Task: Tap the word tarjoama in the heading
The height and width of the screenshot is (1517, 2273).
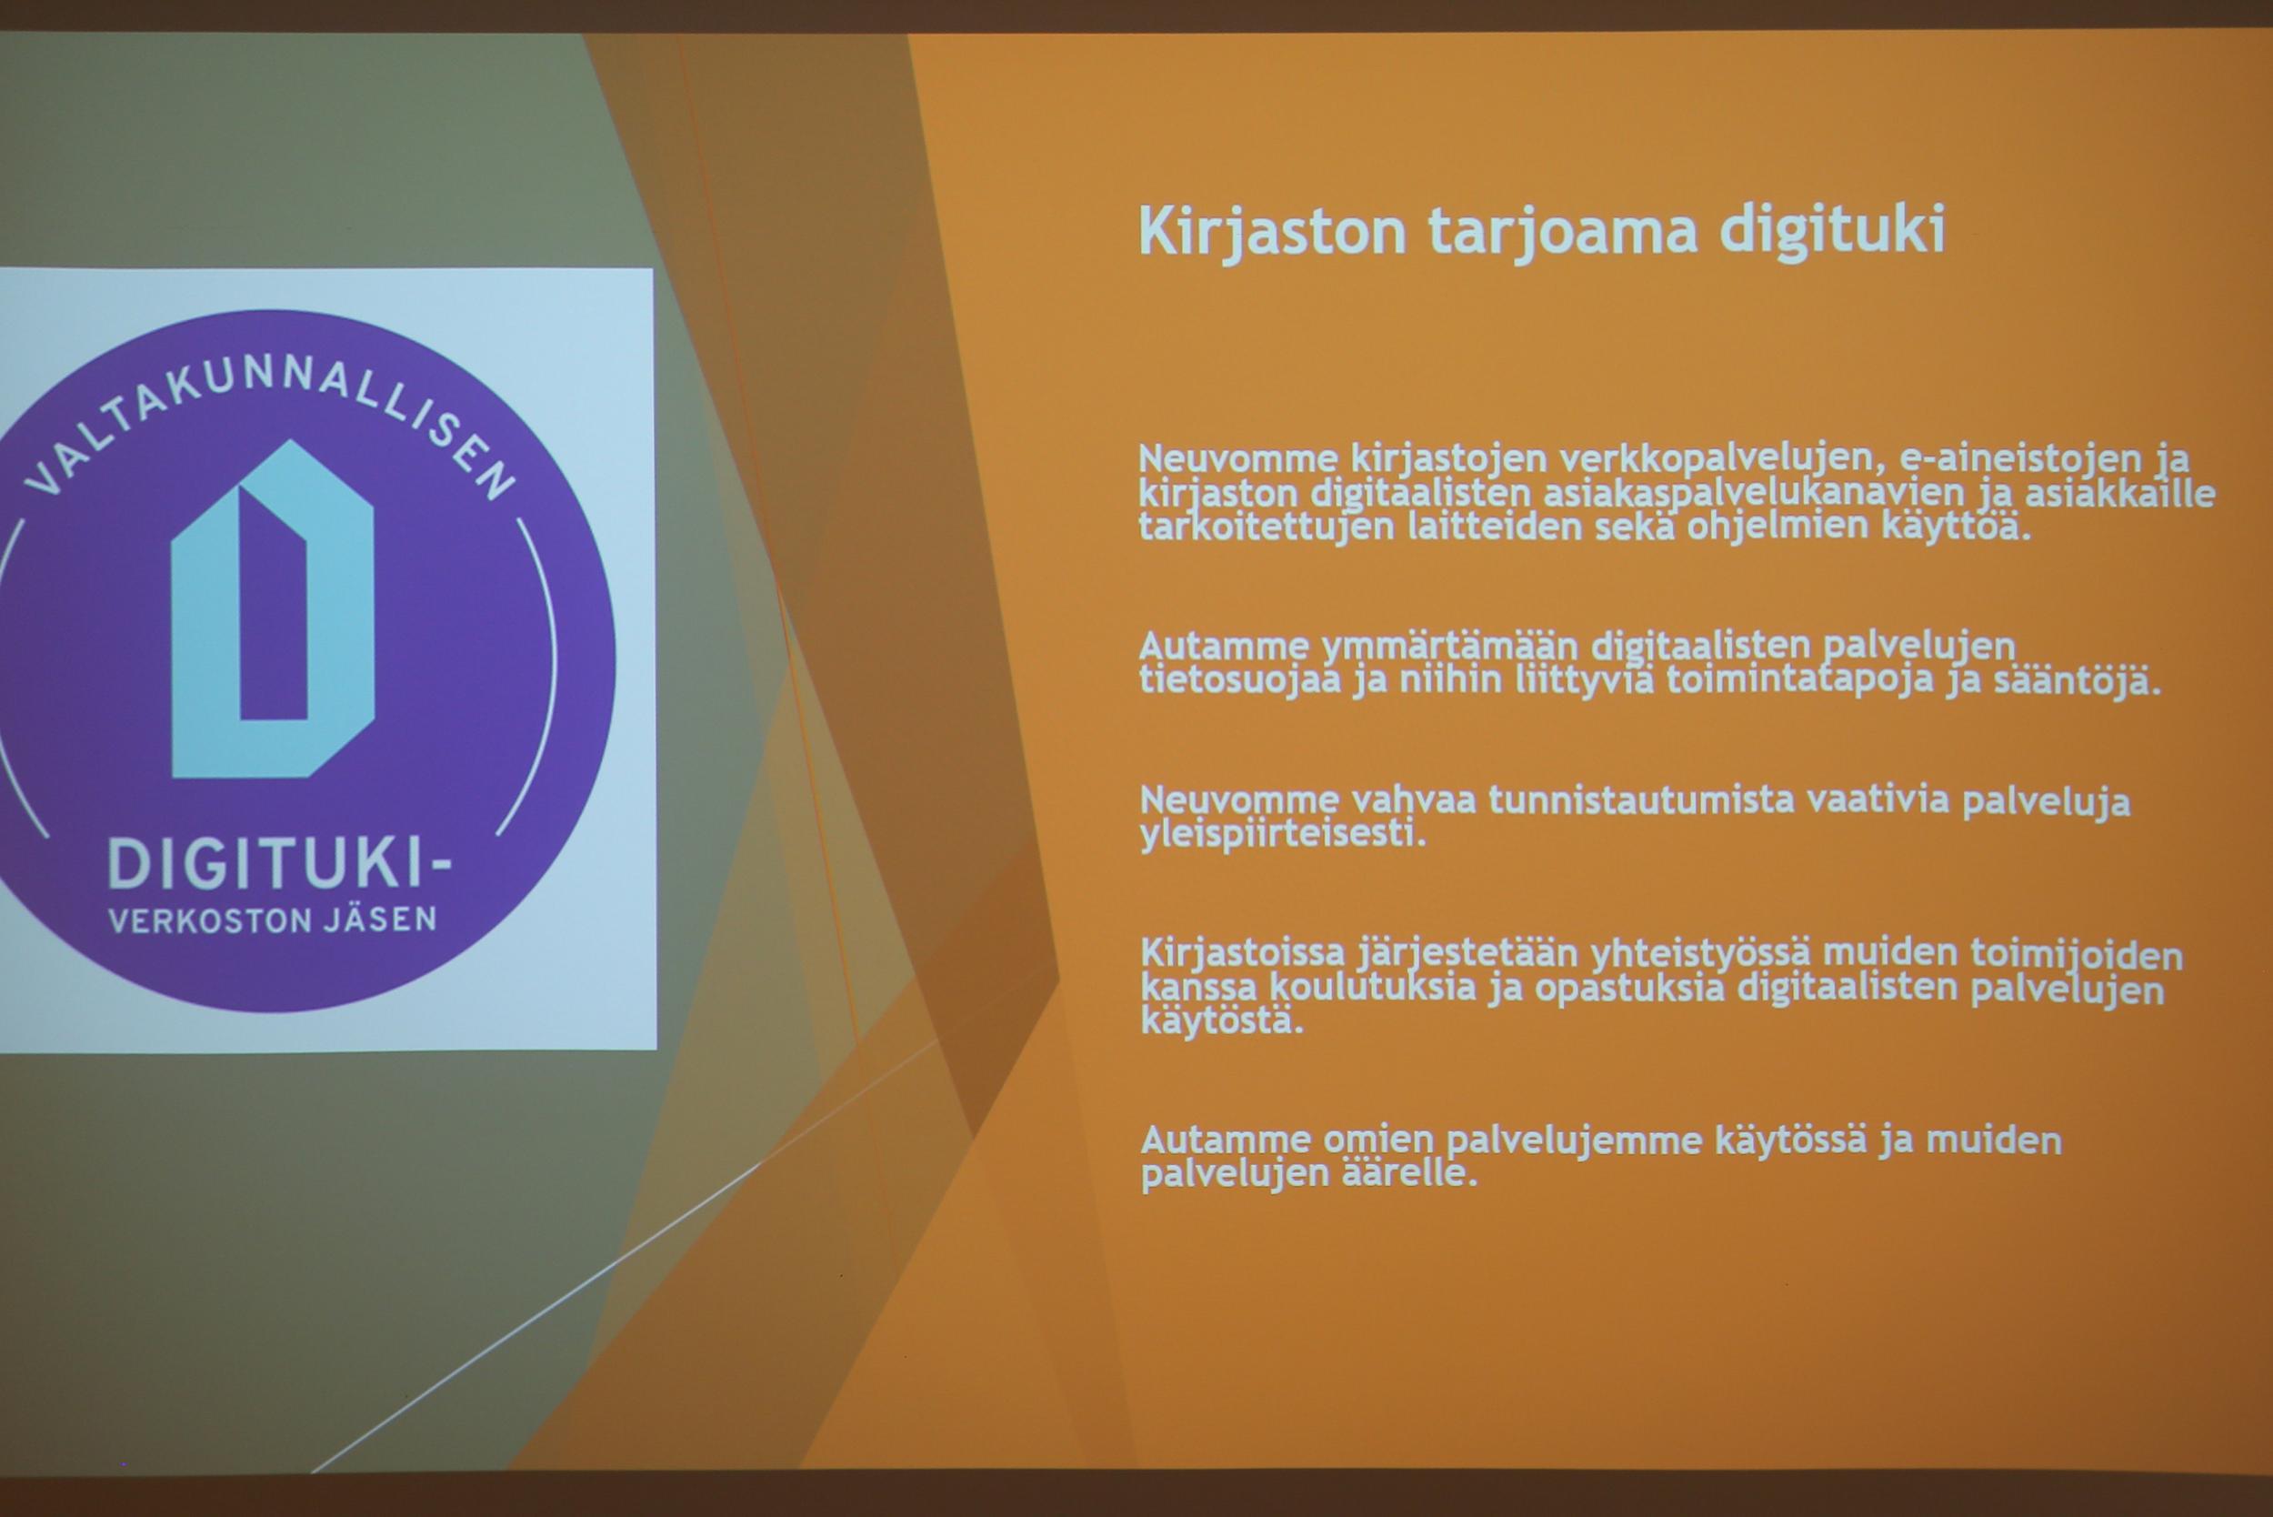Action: point(1563,233)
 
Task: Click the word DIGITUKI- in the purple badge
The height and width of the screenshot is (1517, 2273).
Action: point(278,863)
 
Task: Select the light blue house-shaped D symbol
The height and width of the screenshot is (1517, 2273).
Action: point(272,609)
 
